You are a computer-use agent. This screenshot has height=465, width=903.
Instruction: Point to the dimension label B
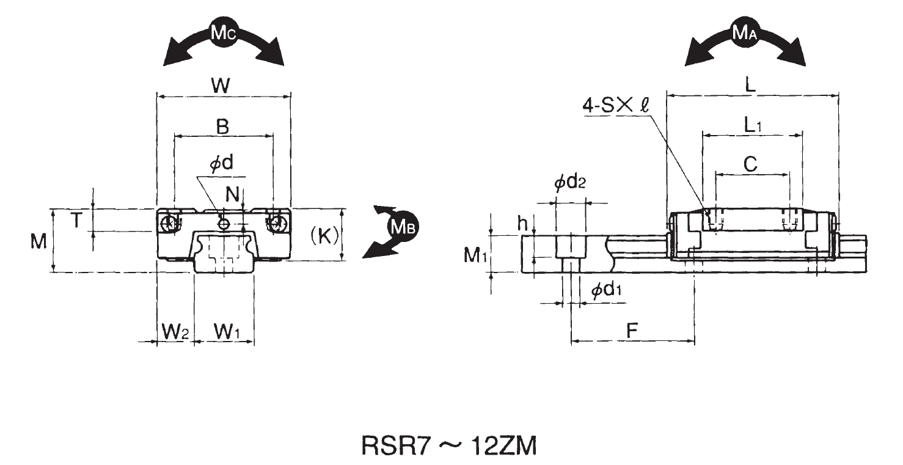click(223, 127)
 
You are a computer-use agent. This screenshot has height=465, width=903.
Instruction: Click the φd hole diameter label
click(222, 164)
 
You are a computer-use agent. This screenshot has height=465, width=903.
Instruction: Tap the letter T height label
click(75, 221)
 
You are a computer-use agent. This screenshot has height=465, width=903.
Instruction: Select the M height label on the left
click(39, 243)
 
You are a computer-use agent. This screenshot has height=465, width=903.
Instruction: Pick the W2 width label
click(175, 332)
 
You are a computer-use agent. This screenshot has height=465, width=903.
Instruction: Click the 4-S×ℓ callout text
click(617, 105)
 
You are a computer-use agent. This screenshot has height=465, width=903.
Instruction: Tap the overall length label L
click(751, 86)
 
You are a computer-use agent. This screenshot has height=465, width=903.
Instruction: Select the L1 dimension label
click(753, 125)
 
